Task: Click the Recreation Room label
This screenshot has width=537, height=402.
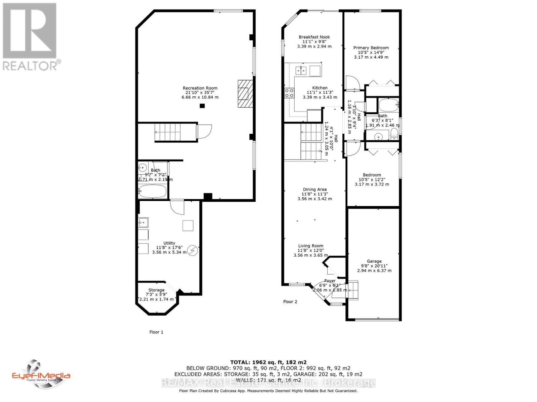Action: [200, 88]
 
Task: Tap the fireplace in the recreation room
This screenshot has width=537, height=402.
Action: [244, 93]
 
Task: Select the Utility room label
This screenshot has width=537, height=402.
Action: [169, 243]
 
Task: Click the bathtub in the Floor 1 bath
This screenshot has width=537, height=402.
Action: [153, 192]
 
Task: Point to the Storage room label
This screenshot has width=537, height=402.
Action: [156, 290]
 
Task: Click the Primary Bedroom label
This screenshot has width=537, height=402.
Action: [371, 48]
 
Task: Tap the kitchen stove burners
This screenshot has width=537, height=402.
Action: [289, 93]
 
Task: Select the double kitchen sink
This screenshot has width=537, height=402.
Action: [301, 70]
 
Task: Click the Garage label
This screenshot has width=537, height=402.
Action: [374, 261]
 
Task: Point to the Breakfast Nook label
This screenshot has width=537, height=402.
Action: [314, 37]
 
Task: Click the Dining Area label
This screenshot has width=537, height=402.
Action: [314, 190]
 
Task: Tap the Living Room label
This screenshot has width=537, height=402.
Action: [310, 246]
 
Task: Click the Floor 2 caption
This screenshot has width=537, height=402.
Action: [290, 301]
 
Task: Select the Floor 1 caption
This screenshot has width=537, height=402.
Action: [156, 332]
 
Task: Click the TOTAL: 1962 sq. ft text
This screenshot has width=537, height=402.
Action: [268, 362]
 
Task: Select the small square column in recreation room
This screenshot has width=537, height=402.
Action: [202, 106]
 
